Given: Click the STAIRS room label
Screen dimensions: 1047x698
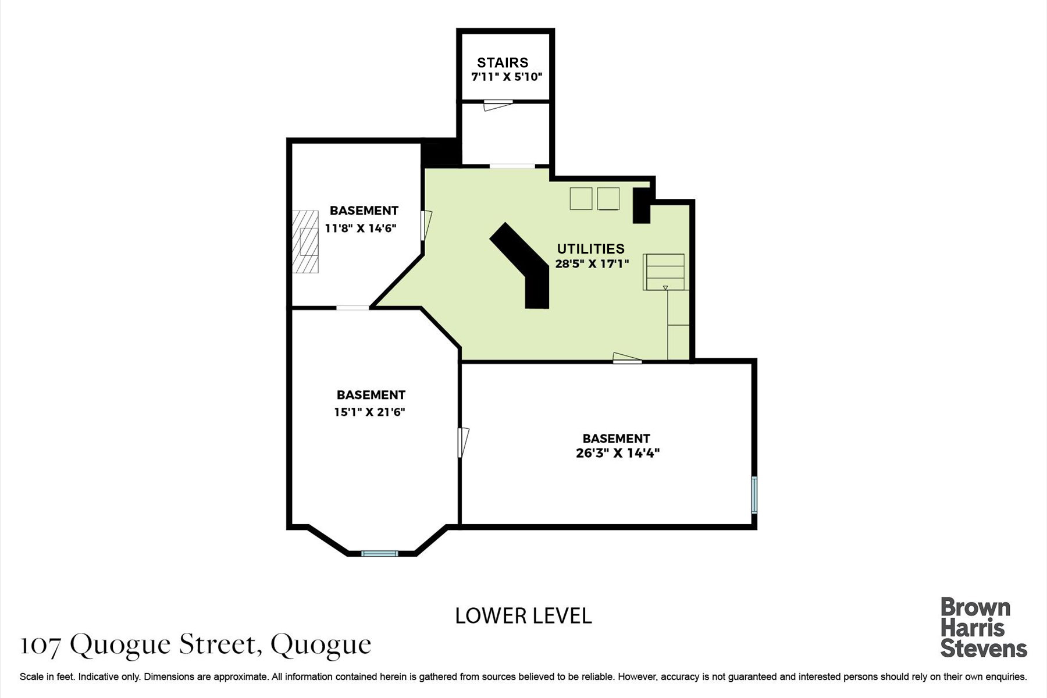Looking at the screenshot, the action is [503, 62].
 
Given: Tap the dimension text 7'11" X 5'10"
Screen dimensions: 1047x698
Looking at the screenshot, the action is [507, 77].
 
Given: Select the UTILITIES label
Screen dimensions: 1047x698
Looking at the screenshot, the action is [591, 249].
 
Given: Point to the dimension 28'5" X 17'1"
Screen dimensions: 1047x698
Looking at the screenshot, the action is [592, 263].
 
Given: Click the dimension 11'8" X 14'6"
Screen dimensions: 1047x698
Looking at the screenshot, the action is [361, 228].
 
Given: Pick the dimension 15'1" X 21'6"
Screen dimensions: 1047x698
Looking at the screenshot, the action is [369, 412].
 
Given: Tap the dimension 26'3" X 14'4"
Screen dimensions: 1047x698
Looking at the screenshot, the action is [618, 453].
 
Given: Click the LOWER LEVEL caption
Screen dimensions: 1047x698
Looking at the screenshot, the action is [523, 615].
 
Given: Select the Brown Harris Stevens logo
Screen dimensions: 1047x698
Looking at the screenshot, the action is [984, 628].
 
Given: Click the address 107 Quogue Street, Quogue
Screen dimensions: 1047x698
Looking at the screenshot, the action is [195, 645].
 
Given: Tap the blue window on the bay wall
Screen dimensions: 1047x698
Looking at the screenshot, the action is [380, 553].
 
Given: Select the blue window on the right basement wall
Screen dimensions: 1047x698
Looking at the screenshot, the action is [754, 495].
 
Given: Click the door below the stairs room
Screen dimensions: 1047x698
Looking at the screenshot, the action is [498, 105].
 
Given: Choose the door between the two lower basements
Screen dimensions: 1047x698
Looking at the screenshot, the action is [464, 442].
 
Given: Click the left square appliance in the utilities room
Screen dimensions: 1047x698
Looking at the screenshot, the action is [581, 198].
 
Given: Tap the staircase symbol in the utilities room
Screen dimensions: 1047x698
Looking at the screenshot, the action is [664, 272].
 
